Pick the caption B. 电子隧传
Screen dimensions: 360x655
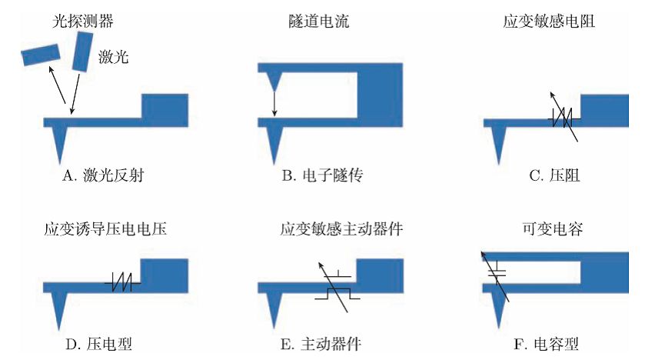click(321, 176)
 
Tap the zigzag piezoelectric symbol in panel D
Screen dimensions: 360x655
click(123, 282)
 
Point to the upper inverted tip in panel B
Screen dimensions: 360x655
click(274, 79)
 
